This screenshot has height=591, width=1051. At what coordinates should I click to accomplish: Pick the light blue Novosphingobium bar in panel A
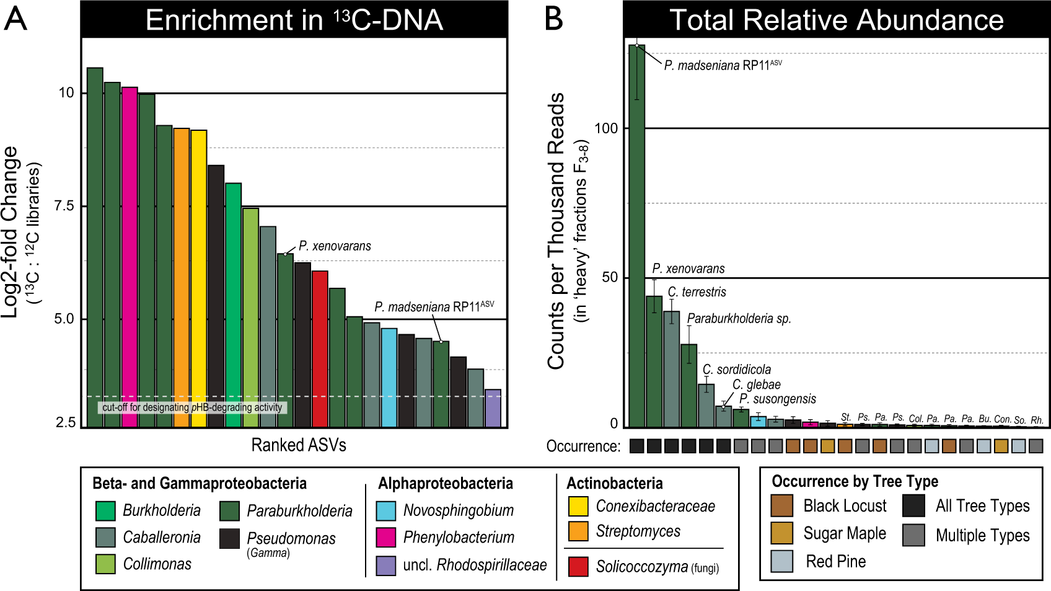coord(389,378)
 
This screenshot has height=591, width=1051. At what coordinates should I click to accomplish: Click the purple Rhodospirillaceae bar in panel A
coord(493,408)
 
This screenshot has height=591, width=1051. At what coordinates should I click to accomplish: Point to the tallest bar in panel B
coord(636,236)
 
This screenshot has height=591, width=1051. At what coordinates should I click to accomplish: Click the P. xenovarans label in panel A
coord(335,246)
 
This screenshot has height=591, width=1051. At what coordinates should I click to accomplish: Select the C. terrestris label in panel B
coord(697,292)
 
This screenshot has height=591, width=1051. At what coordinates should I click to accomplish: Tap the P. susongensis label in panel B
coord(778,399)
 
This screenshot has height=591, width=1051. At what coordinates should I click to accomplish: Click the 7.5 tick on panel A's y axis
coord(64,206)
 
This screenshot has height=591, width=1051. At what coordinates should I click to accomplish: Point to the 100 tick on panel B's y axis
coord(606,128)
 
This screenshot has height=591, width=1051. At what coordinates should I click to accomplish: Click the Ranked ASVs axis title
coord(299,445)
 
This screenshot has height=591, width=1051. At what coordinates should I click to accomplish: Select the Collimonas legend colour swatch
coord(105,564)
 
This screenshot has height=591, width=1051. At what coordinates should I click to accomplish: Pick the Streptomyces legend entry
coord(638,531)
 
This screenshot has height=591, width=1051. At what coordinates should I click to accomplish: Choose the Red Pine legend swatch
coord(782,561)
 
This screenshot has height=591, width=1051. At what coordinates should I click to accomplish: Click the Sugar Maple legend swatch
coord(782,533)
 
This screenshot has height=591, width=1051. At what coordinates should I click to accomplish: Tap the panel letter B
coord(554,19)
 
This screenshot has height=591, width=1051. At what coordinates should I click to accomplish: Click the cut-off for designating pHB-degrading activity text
coord(192,407)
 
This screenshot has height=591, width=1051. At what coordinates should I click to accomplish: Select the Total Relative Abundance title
coord(836,20)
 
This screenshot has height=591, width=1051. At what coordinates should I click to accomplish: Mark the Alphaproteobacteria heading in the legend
coord(446,483)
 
